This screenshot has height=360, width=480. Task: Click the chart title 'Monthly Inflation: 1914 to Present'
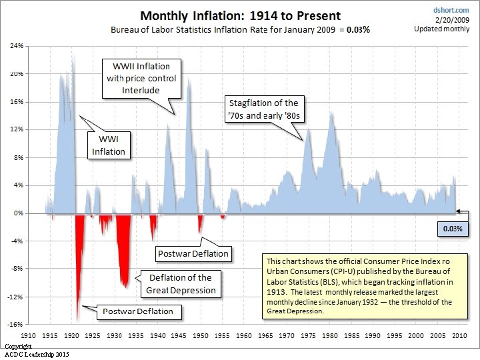click(x=240, y=16)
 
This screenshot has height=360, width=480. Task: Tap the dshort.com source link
click(x=451, y=10)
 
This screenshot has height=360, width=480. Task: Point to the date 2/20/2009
click(x=452, y=20)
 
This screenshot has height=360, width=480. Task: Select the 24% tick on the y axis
click(x=17, y=46)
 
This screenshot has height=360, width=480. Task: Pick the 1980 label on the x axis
click(x=330, y=335)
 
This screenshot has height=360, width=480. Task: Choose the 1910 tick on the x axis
click(x=28, y=335)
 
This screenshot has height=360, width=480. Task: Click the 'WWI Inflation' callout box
click(x=109, y=145)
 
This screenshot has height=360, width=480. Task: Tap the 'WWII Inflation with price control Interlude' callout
click(x=141, y=79)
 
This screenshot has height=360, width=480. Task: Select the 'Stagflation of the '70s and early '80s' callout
click(x=265, y=109)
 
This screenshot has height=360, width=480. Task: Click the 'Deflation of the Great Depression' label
click(x=181, y=284)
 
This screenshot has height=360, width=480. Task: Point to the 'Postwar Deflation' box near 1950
click(x=193, y=254)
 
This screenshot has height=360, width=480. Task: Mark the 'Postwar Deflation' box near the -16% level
click(x=139, y=312)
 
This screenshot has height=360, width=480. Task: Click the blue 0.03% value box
click(x=453, y=229)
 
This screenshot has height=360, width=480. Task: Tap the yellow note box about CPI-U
click(x=365, y=286)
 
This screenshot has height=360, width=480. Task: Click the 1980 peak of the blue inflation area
click(x=331, y=113)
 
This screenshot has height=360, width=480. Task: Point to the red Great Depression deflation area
click(x=124, y=245)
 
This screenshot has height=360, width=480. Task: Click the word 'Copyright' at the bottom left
click(x=18, y=347)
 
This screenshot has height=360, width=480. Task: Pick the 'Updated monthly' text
click(x=442, y=29)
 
